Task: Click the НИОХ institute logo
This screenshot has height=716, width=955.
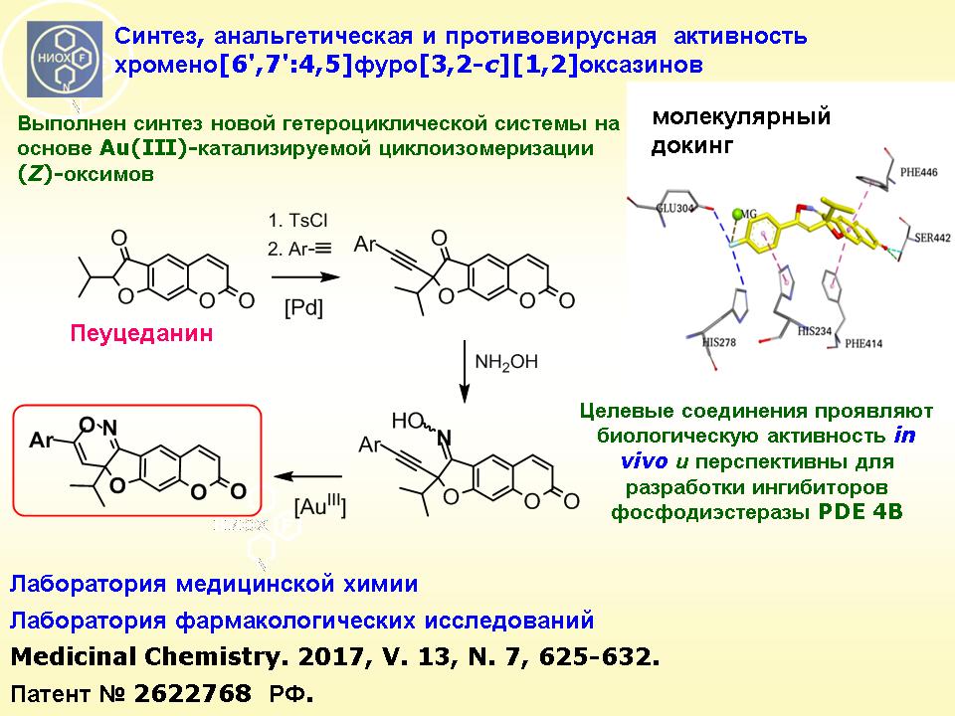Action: [x=65, y=60]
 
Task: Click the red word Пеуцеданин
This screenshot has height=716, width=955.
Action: [x=141, y=334]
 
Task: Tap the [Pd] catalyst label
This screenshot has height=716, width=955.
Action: [x=303, y=307]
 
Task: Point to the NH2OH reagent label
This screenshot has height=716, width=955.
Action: [x=506, y=363]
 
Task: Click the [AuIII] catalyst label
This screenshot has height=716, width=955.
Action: [x=319, y=505]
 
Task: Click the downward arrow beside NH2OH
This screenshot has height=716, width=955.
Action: [x=465, y=371]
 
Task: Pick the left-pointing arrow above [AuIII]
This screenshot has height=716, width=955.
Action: [x=307, y=476]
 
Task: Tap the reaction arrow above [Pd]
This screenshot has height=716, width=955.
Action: [x=305, y=277]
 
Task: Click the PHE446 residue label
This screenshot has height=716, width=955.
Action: [x=919, y=172]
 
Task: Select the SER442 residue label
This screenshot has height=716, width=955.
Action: [x=932, y=238]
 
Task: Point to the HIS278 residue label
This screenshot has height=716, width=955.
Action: [x=718, y=342]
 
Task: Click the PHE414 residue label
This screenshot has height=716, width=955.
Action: [x=863, y=343]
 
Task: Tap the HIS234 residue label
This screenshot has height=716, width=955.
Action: [x=815, y=331]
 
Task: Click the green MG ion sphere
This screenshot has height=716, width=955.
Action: [x=738, y=215]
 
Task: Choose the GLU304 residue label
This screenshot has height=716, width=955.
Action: [x=674, y=208]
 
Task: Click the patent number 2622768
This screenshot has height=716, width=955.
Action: [x=192, y=693]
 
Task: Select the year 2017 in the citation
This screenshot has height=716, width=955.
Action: [x=329, y=656]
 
